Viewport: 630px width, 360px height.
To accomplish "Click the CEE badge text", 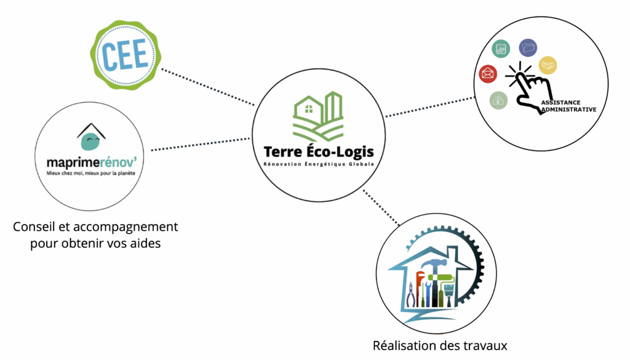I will click(x=126, y=54).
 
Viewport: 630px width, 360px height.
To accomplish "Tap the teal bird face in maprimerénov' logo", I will click(x=90, y=142).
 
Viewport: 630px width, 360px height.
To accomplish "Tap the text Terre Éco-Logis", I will click(x=318, y=151).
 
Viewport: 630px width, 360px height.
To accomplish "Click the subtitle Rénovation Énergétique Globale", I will click(x=318, y=164).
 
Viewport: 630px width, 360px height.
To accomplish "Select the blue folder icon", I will click(x=528, y=47).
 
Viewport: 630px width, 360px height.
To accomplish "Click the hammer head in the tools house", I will click(x=435, y=265).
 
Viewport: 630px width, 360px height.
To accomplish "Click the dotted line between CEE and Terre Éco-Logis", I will click(x=209, y=86).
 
